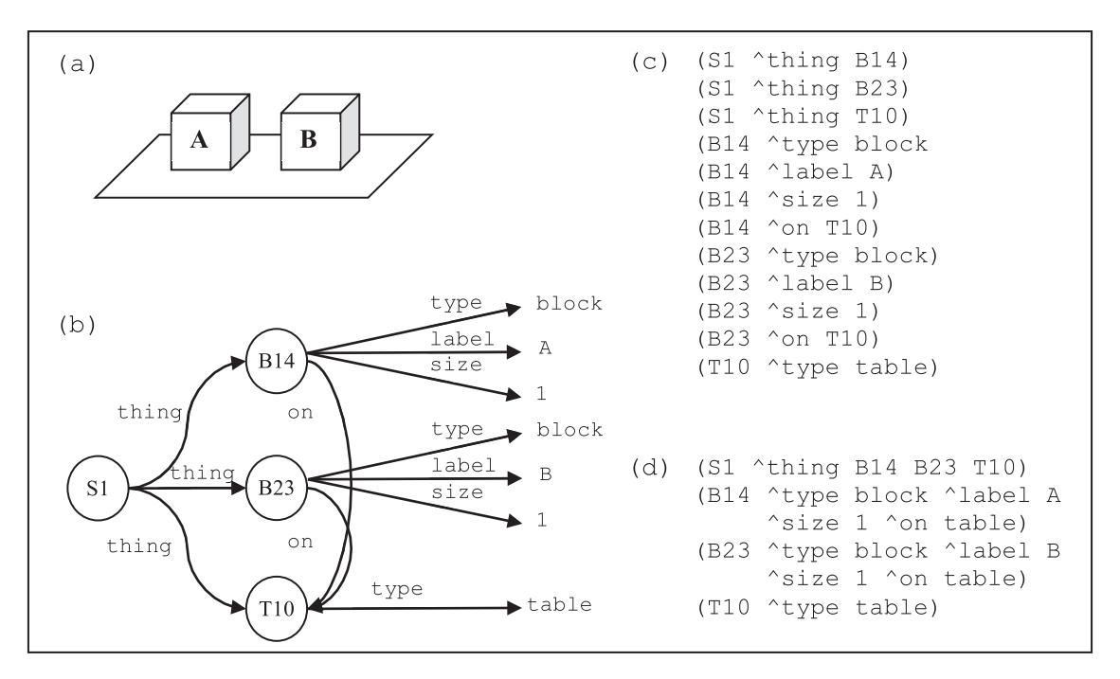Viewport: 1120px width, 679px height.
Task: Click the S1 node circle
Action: (x=98, y=489)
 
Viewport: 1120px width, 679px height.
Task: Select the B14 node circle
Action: (x=277, y=361)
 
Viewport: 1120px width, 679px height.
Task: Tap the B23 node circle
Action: (x=277, y=488)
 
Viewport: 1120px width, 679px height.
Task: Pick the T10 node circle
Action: (x=277, y=608)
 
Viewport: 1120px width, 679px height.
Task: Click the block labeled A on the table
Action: (x=210, y=132)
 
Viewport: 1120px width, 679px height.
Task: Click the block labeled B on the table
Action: (x=320, y=132)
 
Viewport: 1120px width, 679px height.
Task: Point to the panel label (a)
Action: (x=77, y=64)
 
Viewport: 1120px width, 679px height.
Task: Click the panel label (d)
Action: (x=650, y=469)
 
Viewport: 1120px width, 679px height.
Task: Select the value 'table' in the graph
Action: (x=559, y=605)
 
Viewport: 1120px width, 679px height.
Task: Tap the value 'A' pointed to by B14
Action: (x=545, y=348)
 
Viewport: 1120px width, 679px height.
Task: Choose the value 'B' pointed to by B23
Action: (x=545, y=474)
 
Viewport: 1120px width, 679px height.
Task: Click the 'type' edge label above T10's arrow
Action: (x=397, y=590)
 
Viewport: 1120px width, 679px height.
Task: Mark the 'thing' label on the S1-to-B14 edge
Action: (x=150, y=412)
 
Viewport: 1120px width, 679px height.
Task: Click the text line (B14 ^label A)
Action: (x=795, y=172)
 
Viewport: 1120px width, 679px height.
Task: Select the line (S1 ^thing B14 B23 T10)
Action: (x=861, y=468)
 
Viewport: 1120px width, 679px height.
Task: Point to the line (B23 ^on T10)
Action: (x=787, y=339)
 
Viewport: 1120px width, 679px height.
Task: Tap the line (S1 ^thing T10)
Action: (x=803, y=116)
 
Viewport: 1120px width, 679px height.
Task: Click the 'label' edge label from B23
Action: (x=462, y=466)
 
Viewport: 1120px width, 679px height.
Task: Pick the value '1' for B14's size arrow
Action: (x=541, y=393)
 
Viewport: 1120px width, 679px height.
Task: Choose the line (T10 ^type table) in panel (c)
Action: (x=817, y=367)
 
